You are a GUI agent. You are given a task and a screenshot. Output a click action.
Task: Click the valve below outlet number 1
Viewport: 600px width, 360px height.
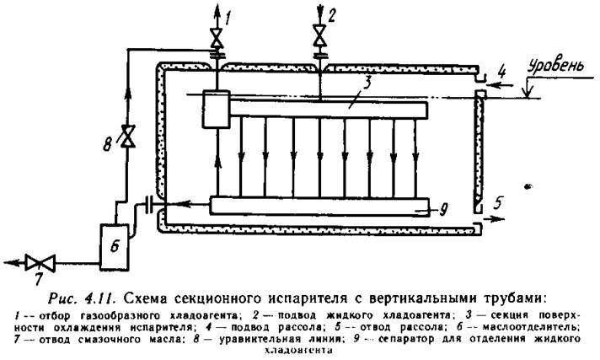pyautogui.click(x=217, y=39)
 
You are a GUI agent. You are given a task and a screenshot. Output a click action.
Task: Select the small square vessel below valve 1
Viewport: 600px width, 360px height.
pyautogui.click(x=217, y=110)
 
